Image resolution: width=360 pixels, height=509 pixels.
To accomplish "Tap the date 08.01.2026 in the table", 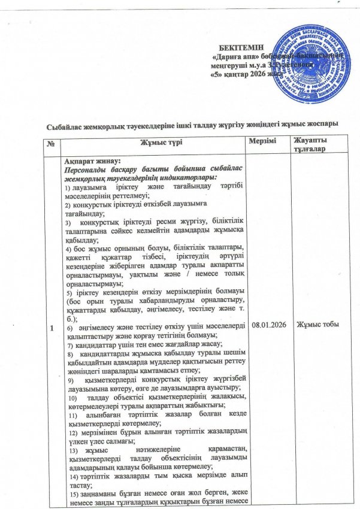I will [269, 324].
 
